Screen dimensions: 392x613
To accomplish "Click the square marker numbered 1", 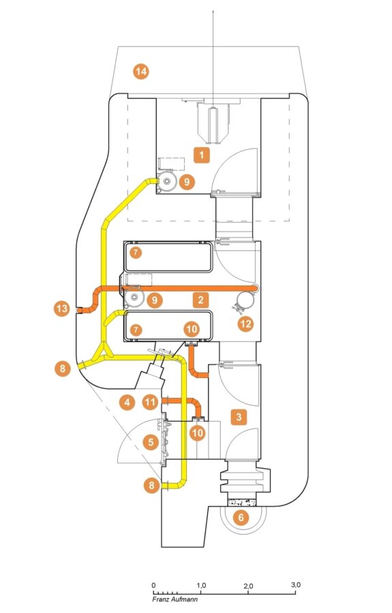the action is click(202, 155).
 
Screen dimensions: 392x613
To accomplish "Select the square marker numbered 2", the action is click(200, 300).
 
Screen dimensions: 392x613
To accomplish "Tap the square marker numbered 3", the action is click(239, 417).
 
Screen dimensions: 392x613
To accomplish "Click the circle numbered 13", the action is click(62, 309).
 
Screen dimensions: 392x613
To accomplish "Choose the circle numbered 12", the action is click(245, 324).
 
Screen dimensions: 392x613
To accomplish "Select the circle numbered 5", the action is click(151, 442).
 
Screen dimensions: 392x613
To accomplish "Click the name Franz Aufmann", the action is click(175, 599).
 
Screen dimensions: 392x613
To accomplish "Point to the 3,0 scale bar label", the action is click(296, 585).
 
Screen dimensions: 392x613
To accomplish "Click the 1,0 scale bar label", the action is click(202, 585).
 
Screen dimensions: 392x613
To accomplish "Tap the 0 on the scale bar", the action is click(153, 585).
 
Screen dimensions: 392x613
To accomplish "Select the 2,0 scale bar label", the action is click(248, 586).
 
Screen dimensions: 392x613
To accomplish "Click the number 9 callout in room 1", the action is click(187, 182).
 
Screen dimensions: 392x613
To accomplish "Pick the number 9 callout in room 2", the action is click(155, 300).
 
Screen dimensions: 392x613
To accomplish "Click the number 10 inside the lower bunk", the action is click(192, 329).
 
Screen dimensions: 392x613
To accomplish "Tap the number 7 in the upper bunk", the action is click(136, 253).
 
